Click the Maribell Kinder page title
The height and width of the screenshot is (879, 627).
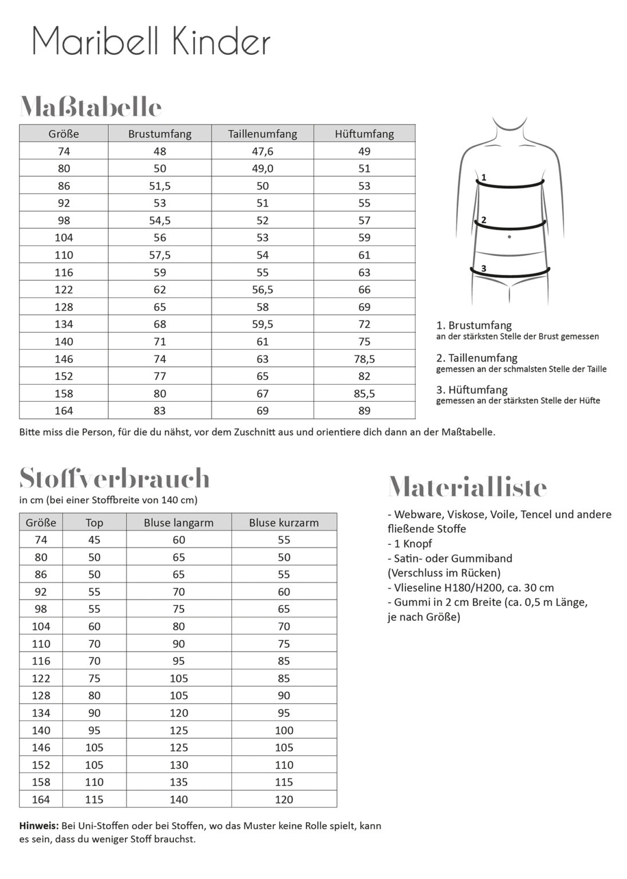coord(151,42)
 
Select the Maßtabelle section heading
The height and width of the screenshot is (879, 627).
coord(90,107)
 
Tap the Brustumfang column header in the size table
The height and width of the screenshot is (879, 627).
coord(160,134)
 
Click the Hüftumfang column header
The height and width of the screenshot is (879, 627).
coord(364,134)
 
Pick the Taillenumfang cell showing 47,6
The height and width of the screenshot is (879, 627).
coord(262,151)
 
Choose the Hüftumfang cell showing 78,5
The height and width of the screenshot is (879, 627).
coord(364,359)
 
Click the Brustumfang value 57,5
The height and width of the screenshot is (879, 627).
coord(160,255)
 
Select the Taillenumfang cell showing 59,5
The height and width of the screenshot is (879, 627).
coord(262,324)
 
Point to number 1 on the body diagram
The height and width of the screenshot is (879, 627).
coord(484,177)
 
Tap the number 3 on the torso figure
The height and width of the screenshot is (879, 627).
coord(484,268)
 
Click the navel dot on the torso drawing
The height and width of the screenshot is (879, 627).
coord(509,236)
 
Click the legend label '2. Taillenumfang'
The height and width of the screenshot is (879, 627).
coord(476,358)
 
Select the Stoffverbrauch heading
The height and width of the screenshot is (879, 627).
coord(115,478)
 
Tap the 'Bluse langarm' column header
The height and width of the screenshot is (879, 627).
coord(179,522)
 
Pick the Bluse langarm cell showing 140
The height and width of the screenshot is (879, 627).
coord(179,799)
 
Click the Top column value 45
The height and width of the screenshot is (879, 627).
coord(94,540)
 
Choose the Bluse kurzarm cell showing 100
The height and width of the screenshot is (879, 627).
coord(284,730)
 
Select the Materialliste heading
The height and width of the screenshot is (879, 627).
coord(467,488)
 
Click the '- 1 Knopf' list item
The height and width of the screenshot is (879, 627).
coord(410,544)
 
